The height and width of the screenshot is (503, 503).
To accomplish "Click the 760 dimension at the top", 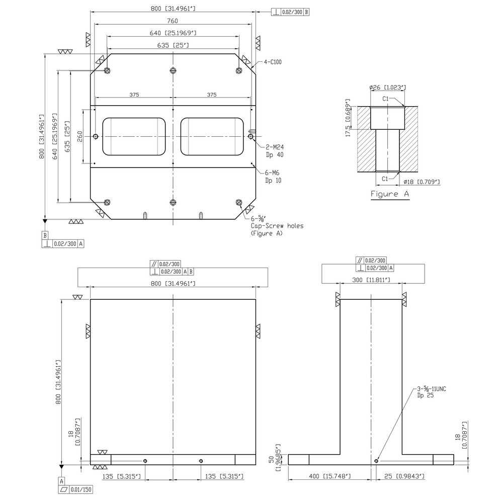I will [x=173, y=21].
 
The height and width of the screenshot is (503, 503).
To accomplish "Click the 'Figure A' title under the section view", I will [x=390, y=194].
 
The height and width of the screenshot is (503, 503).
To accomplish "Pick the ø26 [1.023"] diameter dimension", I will [x=387, y=88].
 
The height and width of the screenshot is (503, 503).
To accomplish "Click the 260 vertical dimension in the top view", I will [x=79, y=136].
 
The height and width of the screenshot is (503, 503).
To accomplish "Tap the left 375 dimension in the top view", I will [x=134, y=95].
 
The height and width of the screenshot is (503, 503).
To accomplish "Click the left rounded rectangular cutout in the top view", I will [x=134, y=136].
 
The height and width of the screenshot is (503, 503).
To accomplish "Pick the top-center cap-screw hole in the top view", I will [x=173, y=70].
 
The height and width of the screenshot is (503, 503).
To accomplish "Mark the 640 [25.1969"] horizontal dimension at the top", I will [x=173, y=33].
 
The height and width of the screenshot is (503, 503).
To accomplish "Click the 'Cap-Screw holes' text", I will [x=277, y=226].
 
